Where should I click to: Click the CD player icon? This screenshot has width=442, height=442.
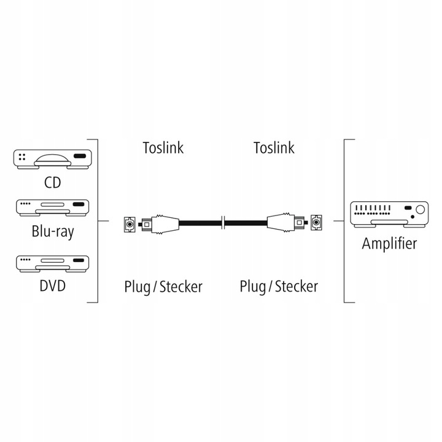[x=52, y=160]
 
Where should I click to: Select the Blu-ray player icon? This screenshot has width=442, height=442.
[x=52, y=208]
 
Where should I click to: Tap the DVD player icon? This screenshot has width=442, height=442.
[x=52, y=263]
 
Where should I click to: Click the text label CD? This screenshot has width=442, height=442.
[x=52, y=183]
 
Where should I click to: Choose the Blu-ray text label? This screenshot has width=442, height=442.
[x=52, y=232]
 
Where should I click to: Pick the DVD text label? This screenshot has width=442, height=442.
[x=52, y=286]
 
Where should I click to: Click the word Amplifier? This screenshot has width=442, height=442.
[x=389, y=243]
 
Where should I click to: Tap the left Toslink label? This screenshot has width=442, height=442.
[x=163, y=147]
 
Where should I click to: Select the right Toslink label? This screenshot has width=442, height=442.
[x=274, y=147]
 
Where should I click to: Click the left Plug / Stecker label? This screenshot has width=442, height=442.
[x=163, y=286]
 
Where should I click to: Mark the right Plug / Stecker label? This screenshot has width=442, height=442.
[x=279, y=286]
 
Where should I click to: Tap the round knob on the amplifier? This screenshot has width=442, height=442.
[x=419, y=211]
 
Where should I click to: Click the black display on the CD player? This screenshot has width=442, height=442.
[x=80, y=156]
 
